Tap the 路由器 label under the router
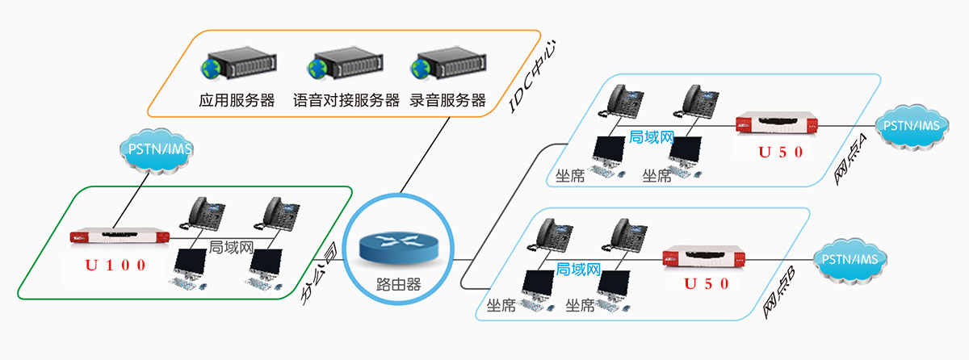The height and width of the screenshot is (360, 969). point(399,285)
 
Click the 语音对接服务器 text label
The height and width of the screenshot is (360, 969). point(346,101)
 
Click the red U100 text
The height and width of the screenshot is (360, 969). point(117,265)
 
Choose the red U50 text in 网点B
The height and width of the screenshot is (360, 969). point(707,284)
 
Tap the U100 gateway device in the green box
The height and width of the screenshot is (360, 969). point(120,237)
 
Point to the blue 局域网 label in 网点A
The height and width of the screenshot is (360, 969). point(651,138)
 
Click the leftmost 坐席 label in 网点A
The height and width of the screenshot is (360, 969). point(570,175)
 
